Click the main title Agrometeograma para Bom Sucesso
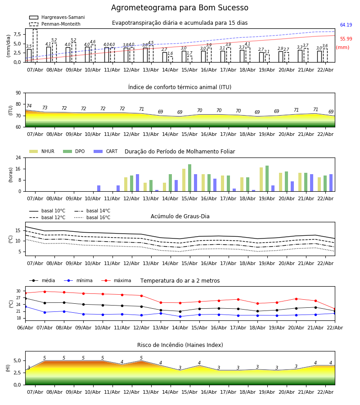[x=180, y=8]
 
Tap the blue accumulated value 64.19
[x=346, y=25]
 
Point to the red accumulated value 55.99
[x=346, y=39]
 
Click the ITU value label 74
[x=29, y=106]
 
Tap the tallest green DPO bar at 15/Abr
[x=189, y=178]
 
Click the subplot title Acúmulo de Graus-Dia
[x=180, y=216]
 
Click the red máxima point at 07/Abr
[x=45, y=292]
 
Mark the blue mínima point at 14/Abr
[x=180, y=316]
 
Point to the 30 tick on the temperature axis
[x=18, y=291]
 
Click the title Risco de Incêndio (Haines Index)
[x=180, y=345]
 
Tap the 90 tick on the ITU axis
[x=18, y=93]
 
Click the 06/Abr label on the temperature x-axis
[x=25, y=328]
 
